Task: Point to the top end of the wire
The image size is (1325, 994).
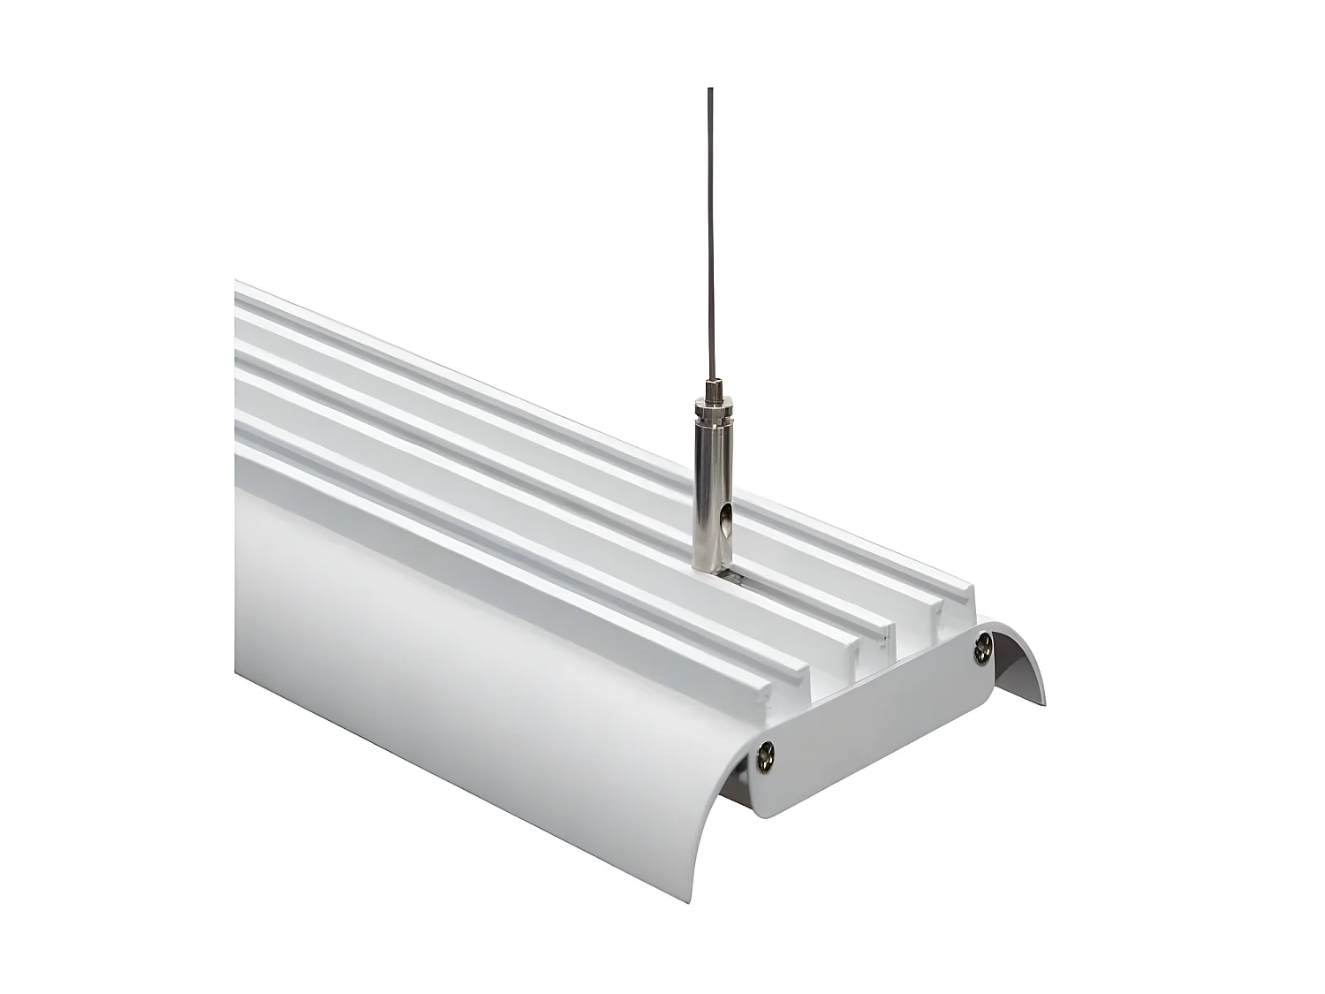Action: click(x=709, y=89)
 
